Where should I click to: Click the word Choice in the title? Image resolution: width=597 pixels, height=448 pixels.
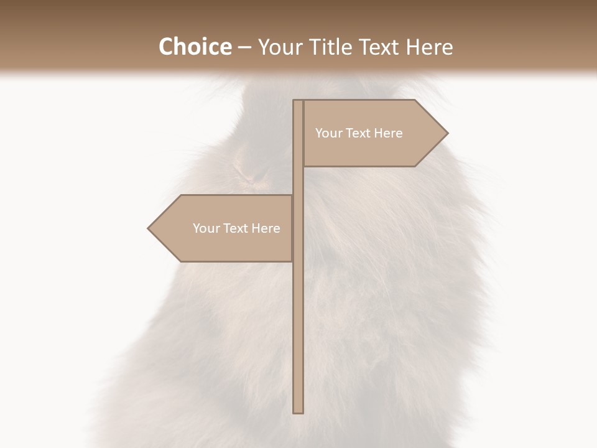(195, 47)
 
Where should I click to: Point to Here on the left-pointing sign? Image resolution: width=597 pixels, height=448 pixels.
(266, 228)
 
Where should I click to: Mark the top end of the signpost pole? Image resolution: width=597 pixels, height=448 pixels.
(298, 101)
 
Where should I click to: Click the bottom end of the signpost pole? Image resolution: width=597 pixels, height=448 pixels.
(298, 411)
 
